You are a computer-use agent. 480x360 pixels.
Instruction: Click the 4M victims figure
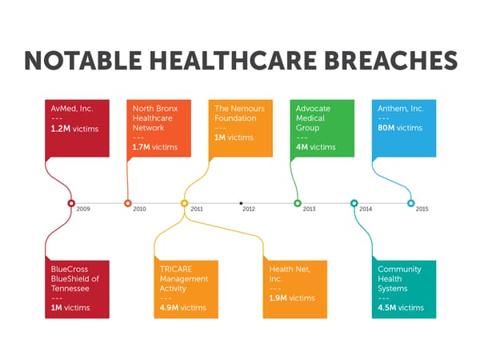pyautogui.click(x=315, y=147)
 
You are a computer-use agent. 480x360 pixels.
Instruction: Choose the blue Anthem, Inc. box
pyautogui.click(x=406, y=128)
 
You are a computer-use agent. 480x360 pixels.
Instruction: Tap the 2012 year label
pyautogui.click(x=249, y=209)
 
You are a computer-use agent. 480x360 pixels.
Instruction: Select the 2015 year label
pyautogui.click(x=422, y=209)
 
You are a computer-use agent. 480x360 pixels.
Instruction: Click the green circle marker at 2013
pyautogui.click(x=298, y=203)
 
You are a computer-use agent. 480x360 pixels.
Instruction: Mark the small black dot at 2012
pyautogui.click(x=241, y=203)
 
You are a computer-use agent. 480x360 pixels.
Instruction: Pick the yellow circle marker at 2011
pyautogui.click(x=185, y=203)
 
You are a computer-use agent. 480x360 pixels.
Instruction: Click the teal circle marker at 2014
pyautogui.click(x=354, y=203)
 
